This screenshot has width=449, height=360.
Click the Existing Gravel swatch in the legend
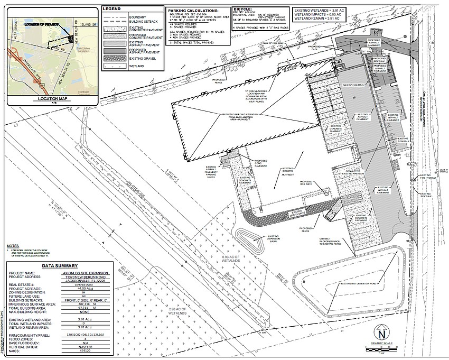click(114, 59)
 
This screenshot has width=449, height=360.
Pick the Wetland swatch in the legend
click(114, 67)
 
